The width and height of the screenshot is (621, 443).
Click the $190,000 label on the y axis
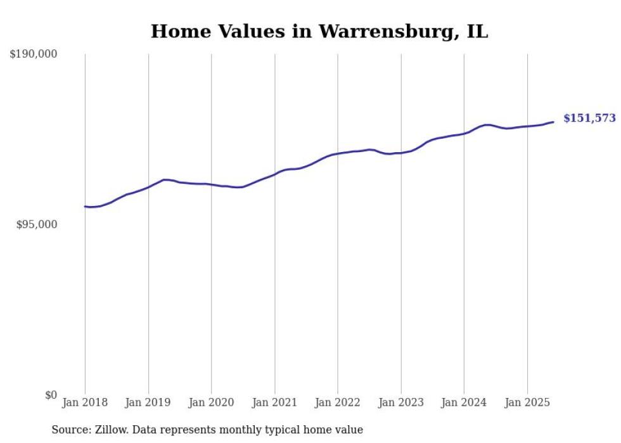34,55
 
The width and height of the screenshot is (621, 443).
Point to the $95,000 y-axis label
37,224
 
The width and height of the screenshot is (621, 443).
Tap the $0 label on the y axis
51,395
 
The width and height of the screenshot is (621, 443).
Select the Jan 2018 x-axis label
85,402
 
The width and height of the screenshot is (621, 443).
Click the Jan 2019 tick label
148,402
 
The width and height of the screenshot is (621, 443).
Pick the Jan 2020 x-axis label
212,402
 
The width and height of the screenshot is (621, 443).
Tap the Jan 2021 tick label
274,402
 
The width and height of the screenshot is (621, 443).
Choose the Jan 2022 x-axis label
338,402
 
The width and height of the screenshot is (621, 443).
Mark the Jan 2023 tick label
401,402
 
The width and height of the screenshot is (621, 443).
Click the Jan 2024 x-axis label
464,402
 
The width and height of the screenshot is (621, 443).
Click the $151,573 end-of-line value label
589,119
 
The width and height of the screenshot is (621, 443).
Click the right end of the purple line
553,122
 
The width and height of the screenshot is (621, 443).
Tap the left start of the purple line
85,207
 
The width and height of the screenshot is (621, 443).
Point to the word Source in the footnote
69,430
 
